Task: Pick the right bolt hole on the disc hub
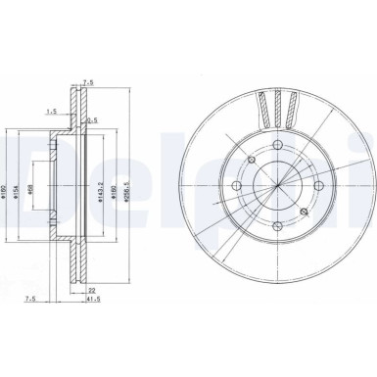click(320, 186)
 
